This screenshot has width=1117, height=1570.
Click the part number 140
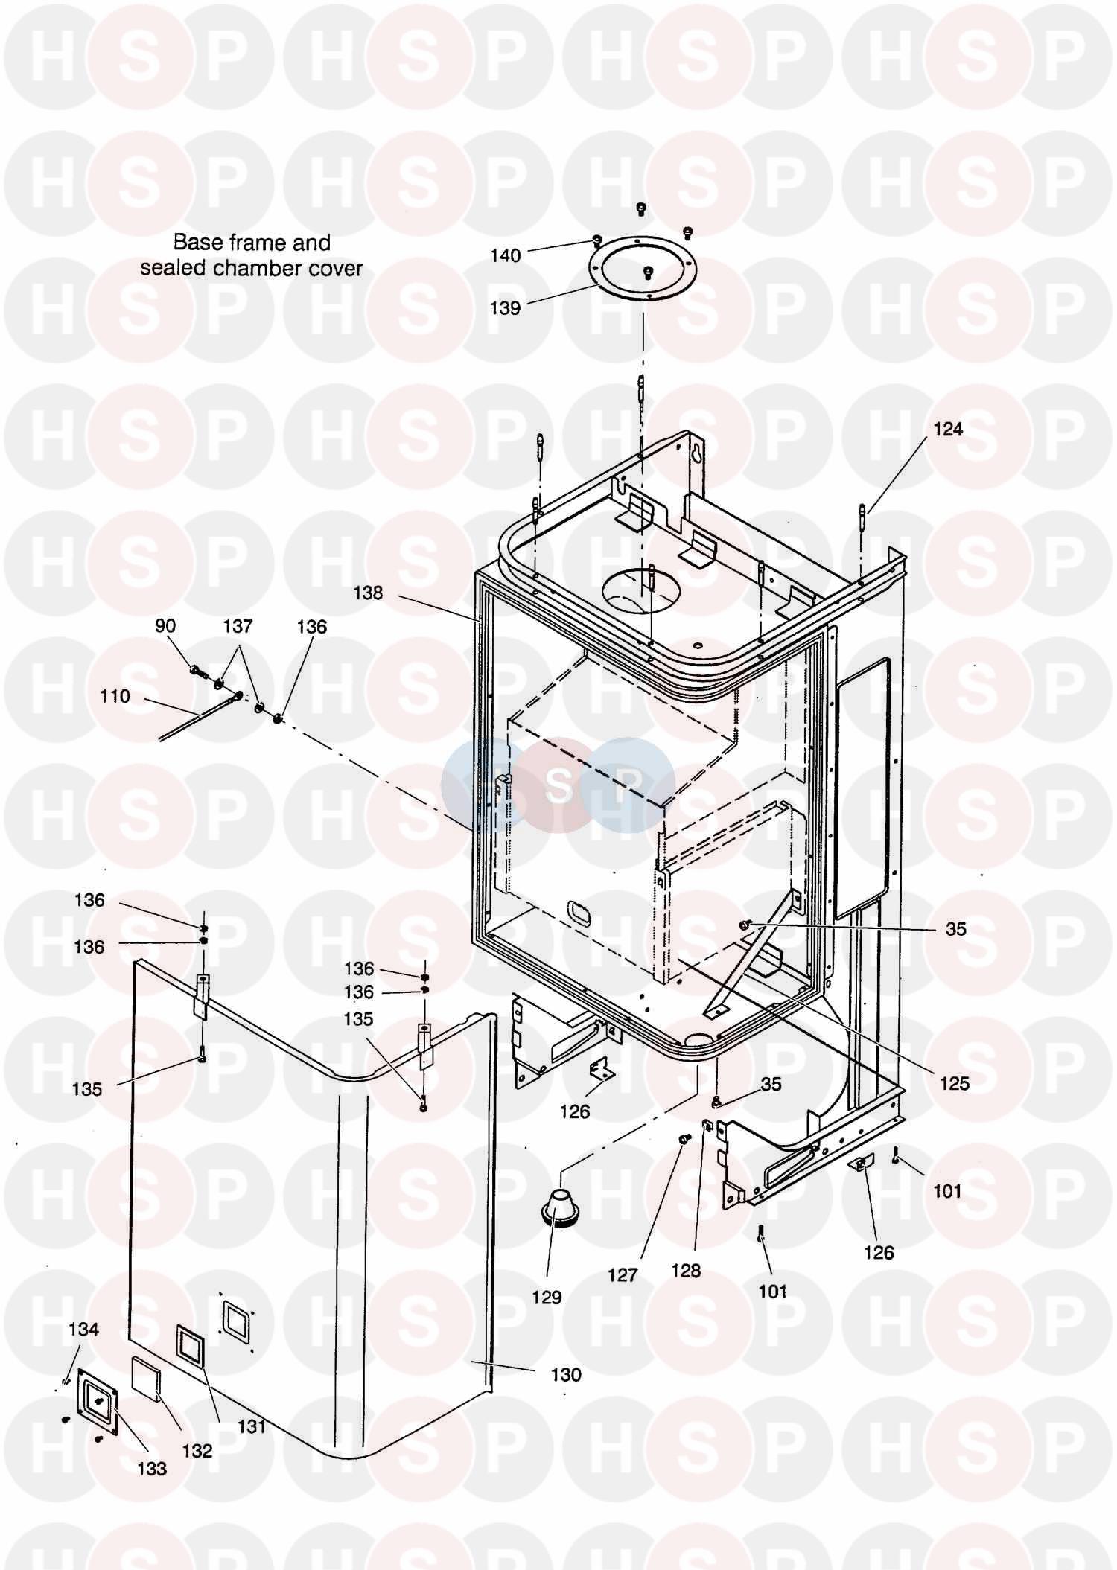[505, 256]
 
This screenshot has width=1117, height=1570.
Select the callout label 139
[505, 308]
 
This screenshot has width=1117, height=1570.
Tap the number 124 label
[948, 430]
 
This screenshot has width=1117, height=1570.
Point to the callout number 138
[368, 593]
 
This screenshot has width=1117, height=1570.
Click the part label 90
[165, 626]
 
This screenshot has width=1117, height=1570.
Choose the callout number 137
[238, 627]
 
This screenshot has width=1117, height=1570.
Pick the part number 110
[115, 697]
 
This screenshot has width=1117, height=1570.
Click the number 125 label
[955, 1084]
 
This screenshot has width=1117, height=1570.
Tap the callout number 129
[547, 1298]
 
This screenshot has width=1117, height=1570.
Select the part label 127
[623, 1276]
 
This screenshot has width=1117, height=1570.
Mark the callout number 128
[686, 1271]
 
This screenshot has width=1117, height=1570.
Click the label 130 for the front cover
[566, 1375]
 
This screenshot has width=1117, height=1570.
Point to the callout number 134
[83, 1330]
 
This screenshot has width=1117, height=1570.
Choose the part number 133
[152, 1469]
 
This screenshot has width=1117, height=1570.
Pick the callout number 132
[197, 1451]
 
